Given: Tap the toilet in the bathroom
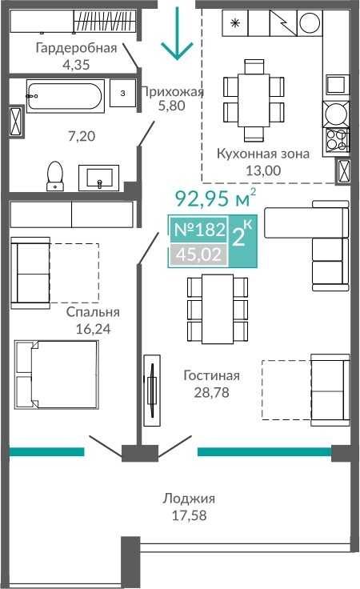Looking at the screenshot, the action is [55, 176].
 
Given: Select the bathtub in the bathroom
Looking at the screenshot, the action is [66, 95].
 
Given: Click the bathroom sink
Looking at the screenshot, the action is [98, 178].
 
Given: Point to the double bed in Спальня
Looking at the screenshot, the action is [56, 375].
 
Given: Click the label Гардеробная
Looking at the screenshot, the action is [76, 48].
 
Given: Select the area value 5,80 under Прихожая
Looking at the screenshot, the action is [171, 106].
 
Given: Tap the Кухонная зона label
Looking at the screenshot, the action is [263, 154].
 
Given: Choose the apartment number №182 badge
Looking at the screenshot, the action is [199, 229].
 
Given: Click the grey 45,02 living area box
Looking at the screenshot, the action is [199, 254].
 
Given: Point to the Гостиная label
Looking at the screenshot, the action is [211, 375].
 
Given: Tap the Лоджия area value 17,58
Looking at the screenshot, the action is [189, 515].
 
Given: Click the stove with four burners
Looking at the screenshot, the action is [336, 139].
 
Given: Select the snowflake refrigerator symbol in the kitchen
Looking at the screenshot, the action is [235, 23].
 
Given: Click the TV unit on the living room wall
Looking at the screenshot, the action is [152, 390].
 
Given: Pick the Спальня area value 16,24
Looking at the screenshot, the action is [93, 329].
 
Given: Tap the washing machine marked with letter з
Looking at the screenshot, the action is [122, 93].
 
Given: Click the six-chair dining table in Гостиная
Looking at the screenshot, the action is [218, 309].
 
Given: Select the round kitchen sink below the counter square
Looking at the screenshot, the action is [336, 114].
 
